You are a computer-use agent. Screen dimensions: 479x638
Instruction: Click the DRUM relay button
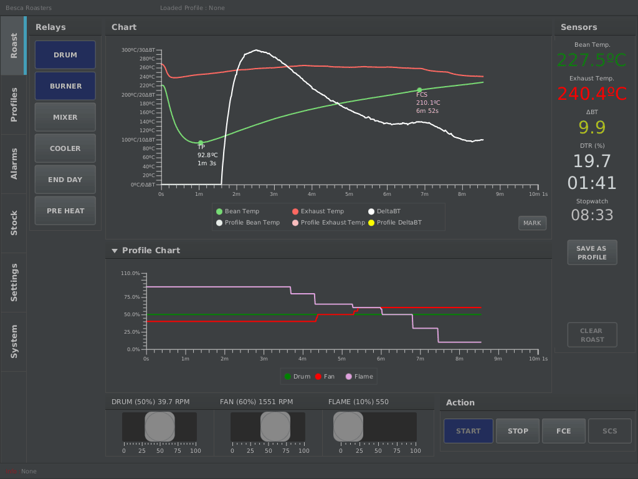pos(65,55)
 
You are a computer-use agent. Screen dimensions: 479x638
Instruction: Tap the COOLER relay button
pos(65,148)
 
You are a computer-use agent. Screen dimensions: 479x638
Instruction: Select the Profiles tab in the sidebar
pos(14,105)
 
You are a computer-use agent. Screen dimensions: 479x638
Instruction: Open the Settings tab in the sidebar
pos(14,282)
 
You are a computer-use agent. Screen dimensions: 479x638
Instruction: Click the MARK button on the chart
pos(532,223)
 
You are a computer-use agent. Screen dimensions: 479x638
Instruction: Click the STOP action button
pos(518,431)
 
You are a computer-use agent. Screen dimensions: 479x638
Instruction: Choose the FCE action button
pos(564,431)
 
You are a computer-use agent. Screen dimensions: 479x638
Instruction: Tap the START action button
pos(469,431)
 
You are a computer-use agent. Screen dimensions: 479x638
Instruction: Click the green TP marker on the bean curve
pos(201,143)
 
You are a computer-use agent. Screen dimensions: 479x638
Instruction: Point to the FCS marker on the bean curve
pos(419,90)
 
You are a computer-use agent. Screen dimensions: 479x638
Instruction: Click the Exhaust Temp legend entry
pos(318,211)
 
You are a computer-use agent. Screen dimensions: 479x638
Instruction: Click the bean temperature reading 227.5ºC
pos(591,60)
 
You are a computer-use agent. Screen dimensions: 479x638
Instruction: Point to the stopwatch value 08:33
pos(592,215)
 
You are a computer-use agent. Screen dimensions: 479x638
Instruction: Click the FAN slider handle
pos(275,427)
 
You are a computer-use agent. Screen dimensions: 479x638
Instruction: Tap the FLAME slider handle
pos(348,427)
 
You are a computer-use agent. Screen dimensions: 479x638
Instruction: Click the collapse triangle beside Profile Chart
pos(115,251)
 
